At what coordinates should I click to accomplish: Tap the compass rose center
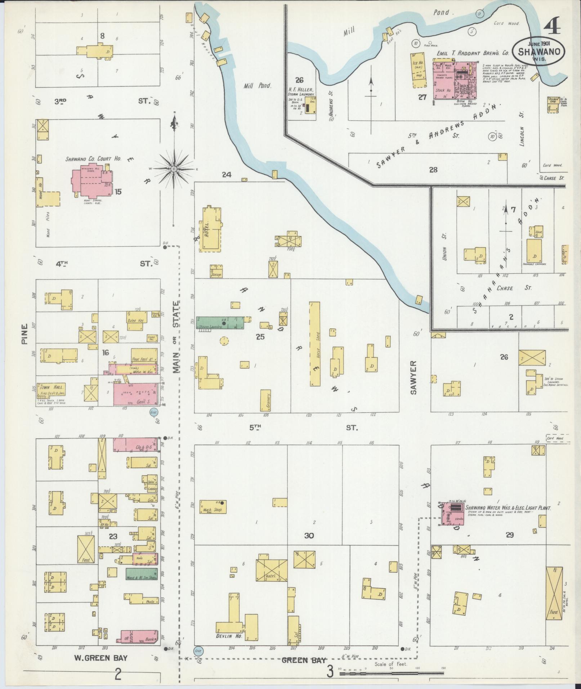pos(174,169)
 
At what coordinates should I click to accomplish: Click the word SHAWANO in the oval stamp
pos(539,52)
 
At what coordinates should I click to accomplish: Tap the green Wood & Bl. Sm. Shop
pos(142,583)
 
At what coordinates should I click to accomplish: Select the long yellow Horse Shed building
pos(314,344)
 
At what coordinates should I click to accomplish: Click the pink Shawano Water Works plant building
pos(452,513)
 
